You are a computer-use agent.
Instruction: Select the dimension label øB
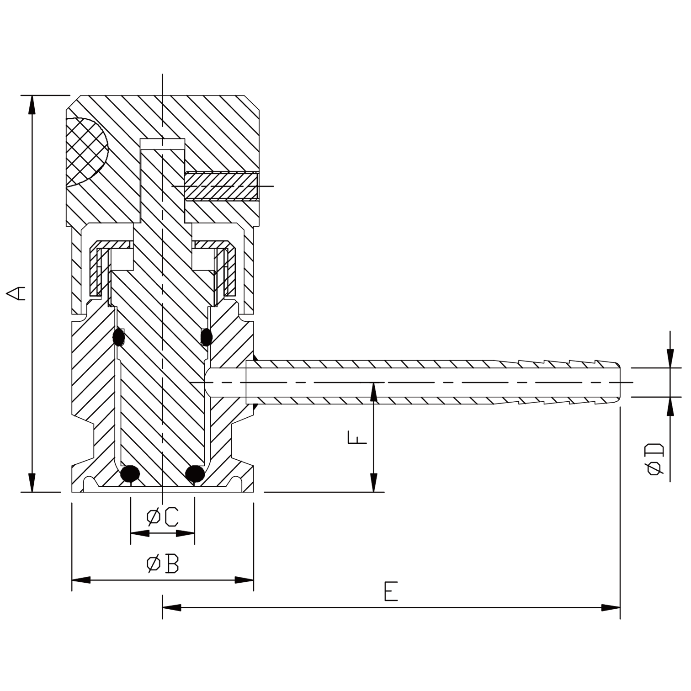(163, 564)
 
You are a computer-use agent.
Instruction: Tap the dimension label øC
(162, 517)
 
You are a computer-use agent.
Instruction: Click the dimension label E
(391, 591)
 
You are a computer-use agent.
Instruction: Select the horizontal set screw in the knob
(222, 186)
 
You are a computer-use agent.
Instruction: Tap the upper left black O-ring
(119, 337)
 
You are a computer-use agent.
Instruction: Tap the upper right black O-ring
(207, 337)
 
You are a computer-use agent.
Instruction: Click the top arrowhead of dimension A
(32, 104)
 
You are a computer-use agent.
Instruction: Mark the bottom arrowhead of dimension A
(32, 484)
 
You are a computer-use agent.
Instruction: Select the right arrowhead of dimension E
(611, 608)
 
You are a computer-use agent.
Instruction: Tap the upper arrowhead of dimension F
(374, 391)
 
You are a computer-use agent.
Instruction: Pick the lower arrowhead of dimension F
(374, 484)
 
